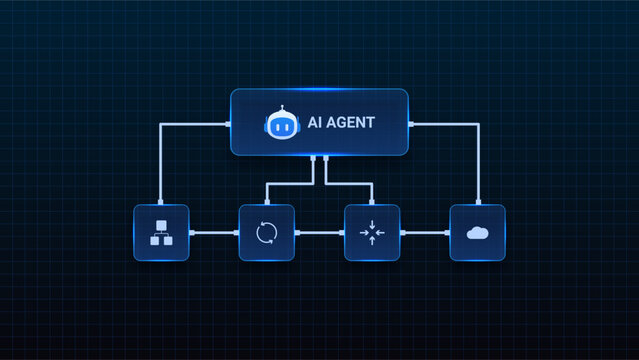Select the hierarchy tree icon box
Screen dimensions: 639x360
(161, 233)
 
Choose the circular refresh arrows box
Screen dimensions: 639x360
(266, 233)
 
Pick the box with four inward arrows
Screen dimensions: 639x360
(372, 233)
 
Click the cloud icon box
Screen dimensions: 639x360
(477, 233)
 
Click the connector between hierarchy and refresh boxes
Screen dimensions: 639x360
(214, 233)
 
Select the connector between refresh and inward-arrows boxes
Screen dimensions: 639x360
(319, 233)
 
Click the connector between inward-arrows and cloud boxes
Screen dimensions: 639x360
(425, 233)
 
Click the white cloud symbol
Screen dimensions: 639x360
(477, 233)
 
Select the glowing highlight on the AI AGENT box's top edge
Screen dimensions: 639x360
(319, 91)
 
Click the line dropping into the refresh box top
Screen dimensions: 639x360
(266, 195)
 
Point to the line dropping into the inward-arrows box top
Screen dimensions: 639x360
(372, 195)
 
